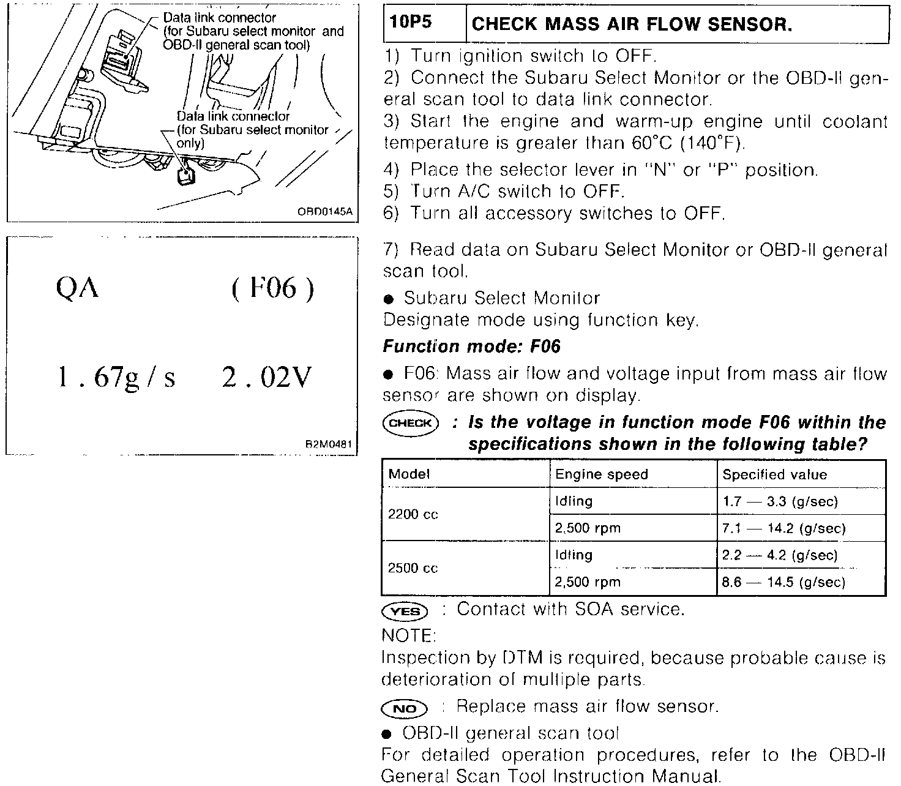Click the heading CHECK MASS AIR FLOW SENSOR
(x=632, y=24)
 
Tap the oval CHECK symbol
(x=410, y=422)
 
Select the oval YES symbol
(x=405, y=611)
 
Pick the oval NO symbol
(x=404, y=709)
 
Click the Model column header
(x=409, y=474)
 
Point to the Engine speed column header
(x=601, y=474)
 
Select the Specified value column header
(x=774, y=474)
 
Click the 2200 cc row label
(x=413, y=515)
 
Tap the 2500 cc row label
(x=413, y=568)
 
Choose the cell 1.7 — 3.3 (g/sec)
(x=780, y=502)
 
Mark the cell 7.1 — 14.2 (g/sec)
(x=783, y=528)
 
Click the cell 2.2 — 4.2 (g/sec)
(x=780, y=555)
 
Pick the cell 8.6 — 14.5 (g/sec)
(x=783, y=582)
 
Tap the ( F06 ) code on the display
(x=273, y=288)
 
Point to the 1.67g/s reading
(x=116, y=378)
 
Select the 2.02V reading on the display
(x=267, y=378)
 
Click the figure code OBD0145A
(x=325, y=212)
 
